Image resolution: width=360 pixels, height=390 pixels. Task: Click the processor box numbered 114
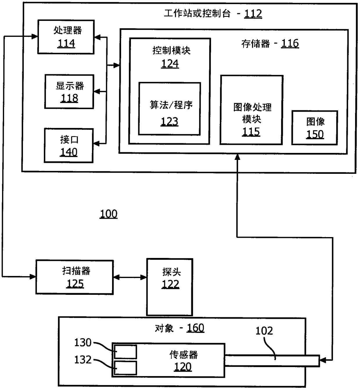pos(66,37)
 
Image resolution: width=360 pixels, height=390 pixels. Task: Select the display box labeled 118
pos(69,91)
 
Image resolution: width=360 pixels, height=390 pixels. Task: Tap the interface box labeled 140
pos(69,145)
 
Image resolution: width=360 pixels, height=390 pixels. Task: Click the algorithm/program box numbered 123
pos(170,109)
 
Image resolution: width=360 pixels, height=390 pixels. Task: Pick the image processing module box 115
pos(251,110)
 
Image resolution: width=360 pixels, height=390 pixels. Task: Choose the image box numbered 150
pos(315,128)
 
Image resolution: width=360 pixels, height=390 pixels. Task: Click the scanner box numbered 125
pos(75,277)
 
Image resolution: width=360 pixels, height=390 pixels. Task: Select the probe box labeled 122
pos(170,287)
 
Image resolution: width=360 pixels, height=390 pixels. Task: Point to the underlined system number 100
pos(109,214)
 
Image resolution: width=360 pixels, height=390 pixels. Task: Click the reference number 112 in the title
pos(253,14)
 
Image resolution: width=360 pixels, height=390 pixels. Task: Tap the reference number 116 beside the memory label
pos(290,44)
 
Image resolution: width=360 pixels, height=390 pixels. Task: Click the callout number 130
pos(83,342)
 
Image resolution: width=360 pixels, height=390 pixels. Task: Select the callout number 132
pos(83,360)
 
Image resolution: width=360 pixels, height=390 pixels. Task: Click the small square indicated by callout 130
pos(125,352)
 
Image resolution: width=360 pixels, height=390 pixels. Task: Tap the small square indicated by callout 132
pos(125,368)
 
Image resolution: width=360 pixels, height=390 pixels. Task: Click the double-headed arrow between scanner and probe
pos(130,277)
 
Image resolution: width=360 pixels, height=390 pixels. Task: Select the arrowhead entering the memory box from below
pos(237,157)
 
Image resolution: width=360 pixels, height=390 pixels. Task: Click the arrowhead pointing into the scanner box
pos(33,277)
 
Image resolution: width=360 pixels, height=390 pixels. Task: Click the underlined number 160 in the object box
pos(195,328)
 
